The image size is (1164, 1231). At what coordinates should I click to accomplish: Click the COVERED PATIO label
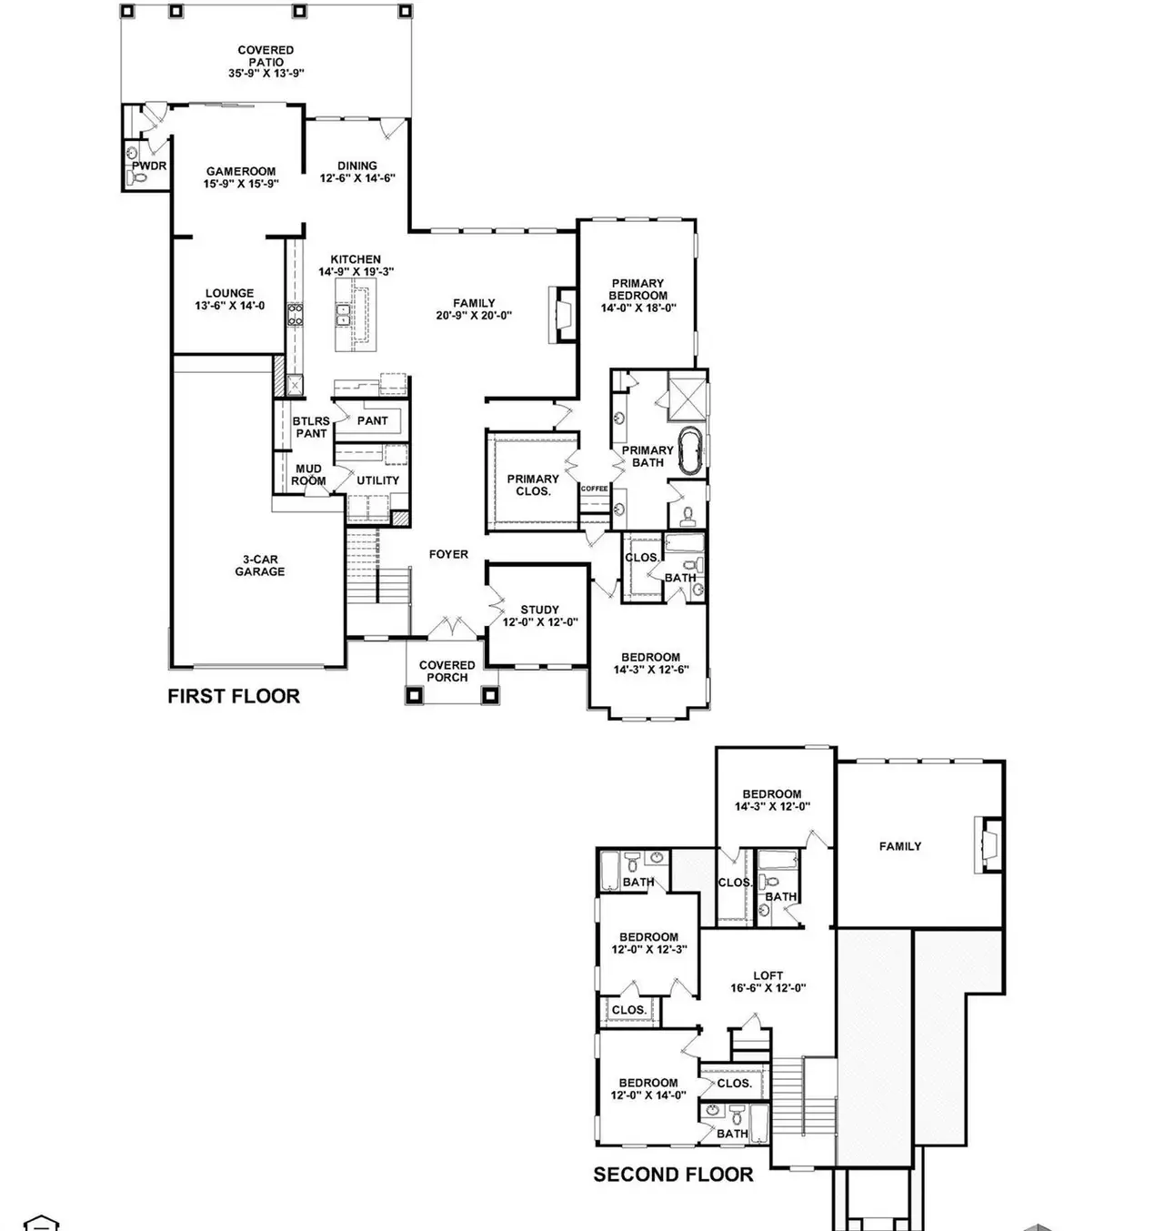click(x=266, y=56)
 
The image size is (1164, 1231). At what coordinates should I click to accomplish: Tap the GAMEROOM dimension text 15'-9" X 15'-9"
click(x=240, y=184)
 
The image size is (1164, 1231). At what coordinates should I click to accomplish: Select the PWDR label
click(x=149, y=166)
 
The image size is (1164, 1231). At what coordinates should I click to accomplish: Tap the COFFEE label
click(x=594, y=489)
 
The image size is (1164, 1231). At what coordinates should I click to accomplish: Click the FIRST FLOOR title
click(x=234, y=696)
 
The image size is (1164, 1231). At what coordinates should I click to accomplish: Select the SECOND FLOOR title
click(x=673, y=1175)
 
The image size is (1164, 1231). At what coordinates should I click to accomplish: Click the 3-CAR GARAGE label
click(x=260, y=566)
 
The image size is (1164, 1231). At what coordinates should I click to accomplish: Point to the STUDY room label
click(x=540, y=610)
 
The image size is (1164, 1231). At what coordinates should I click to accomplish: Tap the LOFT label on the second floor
click(x=768, y=975)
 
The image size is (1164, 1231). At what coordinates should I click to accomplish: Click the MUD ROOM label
click(x=308, y=475)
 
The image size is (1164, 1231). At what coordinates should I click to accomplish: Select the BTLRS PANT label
click(x=311, y=428)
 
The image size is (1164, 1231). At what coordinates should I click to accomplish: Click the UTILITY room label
click(x=378, y=480)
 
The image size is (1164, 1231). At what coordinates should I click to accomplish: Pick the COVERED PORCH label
click(x=447, y=671)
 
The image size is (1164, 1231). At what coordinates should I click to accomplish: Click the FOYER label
click(x=448, y=554)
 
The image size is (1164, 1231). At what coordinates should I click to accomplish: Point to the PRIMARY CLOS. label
click(x=533, y=485)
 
